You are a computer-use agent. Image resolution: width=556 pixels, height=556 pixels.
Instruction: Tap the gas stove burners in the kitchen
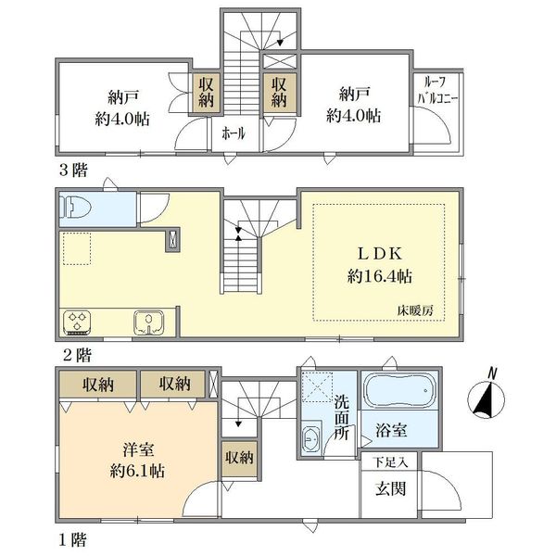pos(78,322)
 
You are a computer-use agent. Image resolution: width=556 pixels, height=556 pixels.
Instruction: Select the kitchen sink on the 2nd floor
pos(149,322)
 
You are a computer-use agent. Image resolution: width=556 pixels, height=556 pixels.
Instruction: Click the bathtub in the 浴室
pos(400,390)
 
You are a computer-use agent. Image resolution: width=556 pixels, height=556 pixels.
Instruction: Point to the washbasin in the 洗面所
pos(311,439)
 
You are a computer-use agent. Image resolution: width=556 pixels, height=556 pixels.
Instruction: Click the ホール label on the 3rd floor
pos(234,133)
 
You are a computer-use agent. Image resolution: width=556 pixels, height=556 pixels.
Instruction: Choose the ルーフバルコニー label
pos(437,91)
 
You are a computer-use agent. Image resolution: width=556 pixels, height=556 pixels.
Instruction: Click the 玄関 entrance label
pos(390,489)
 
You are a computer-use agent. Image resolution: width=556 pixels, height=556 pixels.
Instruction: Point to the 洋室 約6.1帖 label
pos(137,461)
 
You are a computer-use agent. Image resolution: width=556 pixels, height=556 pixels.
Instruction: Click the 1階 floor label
pos(72,540)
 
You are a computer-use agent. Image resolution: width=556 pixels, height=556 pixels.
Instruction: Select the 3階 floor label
pos(73,171)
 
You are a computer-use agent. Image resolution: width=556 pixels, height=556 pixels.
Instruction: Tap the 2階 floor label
pos(77,355)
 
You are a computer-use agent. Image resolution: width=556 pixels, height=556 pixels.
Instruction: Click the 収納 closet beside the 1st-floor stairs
pos(240,459)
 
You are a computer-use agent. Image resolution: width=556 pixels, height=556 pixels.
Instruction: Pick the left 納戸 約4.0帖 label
pos(122,108)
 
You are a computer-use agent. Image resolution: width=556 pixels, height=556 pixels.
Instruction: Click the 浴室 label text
pos(391,430)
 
